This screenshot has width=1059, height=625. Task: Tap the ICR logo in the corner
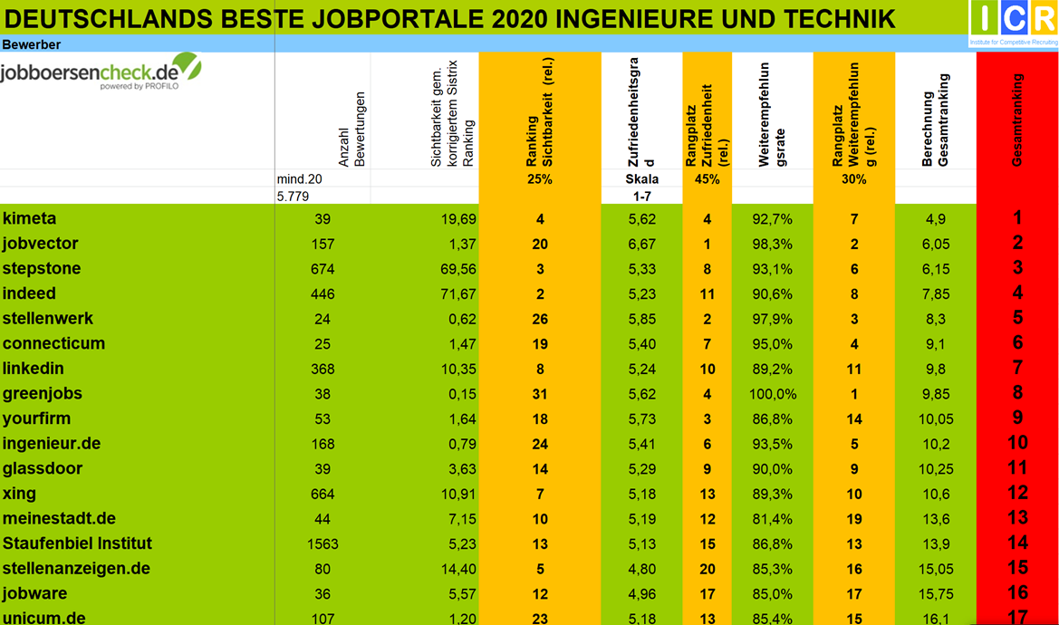(x=1013, y=23)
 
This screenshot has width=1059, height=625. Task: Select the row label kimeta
(x=30, y=218)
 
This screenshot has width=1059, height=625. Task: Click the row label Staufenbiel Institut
(x=77, y=543)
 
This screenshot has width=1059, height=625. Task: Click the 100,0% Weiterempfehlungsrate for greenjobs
(x=773, y=394)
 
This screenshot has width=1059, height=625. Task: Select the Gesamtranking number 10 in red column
(x=1017, y=443)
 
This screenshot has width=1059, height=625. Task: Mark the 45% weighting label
(x=707, y=179)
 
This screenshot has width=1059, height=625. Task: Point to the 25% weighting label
(x=539, y=179)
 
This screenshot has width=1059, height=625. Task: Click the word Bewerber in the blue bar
(x=31, y=44)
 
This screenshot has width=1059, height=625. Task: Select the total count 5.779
(x=293, y=196)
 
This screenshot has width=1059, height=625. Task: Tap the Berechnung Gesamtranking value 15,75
(x=936, y=594)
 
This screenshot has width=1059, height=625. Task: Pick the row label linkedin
(x=34, y=369)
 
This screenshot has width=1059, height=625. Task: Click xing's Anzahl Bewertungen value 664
(x=322, y=494)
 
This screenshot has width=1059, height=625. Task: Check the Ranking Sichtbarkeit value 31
(x=539, y=394)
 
